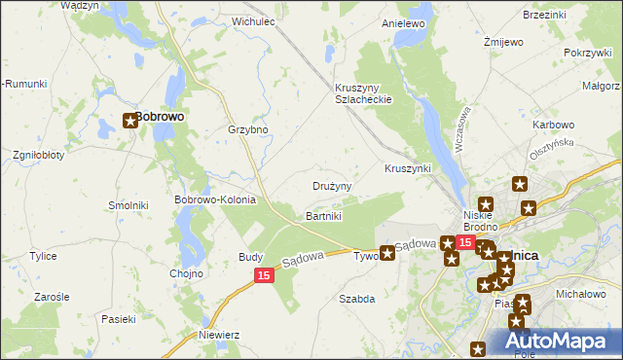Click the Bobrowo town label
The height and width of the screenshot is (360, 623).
tap(161, 116)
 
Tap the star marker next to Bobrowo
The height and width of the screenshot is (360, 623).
tap(130, 122)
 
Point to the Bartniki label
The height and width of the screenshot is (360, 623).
tap(324, 215)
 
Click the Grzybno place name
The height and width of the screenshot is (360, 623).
tap(247, 130)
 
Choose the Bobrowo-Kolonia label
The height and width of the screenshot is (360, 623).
tap(214, 199)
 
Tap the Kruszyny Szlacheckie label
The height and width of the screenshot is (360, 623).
tap(363, 92)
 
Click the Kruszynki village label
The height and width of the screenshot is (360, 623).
tap(408, 168)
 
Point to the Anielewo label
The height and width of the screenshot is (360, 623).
tap(405, 22)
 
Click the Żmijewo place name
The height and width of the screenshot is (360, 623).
tap(504, 43)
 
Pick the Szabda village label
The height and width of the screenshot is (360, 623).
tap(356, 299)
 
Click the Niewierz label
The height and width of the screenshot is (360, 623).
tap(218, 334)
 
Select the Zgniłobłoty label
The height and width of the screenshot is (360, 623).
tap(38, 155)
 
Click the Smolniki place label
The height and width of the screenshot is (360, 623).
tap(128, 206)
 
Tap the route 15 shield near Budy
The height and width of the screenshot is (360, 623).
tap(264, 276)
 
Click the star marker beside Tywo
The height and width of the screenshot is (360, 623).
tap(387, 254)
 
